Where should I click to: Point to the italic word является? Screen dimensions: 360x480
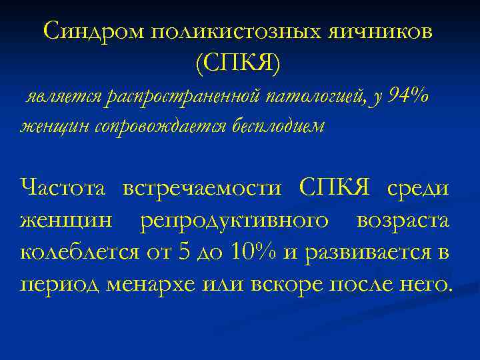(x=63, y=98)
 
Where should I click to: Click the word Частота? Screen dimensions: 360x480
(x=63, y=188)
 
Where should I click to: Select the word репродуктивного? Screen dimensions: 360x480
(x=234, y=220)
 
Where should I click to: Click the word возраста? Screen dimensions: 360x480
(x=403, y=221)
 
